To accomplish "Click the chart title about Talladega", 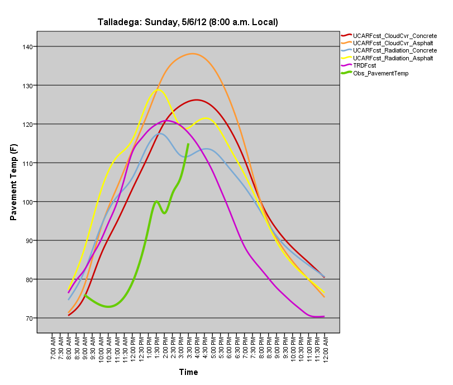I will (x=188, y=22).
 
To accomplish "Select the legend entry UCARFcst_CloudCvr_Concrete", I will (x=394, y=36).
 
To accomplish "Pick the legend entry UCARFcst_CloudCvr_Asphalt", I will (x=393, y=43).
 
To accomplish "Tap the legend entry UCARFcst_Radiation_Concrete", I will (x=395, y=51).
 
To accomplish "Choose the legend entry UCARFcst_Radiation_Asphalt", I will (x=394, y=58).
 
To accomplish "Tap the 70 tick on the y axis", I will (x=28, y=319).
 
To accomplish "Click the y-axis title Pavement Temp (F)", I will (x=14, y=182).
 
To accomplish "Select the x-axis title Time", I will (x=188, y=372).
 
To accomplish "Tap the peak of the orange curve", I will (x=192, y=54).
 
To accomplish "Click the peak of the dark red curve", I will (x=197, y=100).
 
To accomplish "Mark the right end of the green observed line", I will (x=188, y=144).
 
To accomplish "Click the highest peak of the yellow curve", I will (x=158, y=89).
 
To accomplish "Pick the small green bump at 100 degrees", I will (x=157, y=201).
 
